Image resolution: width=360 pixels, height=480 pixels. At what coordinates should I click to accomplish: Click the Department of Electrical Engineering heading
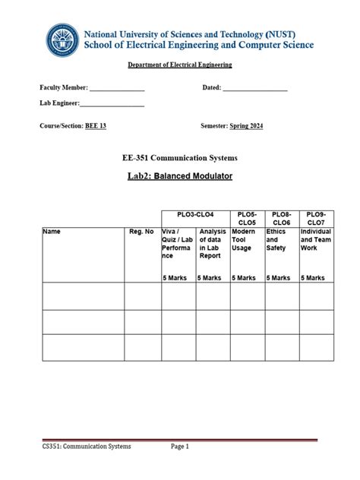click(x=179, y=65)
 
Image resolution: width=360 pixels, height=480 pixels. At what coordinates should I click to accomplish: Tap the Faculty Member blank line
click(x=117, y=90)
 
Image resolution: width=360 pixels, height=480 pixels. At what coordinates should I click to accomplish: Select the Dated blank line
click(x=256, y=90)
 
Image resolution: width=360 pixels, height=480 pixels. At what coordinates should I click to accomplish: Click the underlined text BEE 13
click(x=95, y=126)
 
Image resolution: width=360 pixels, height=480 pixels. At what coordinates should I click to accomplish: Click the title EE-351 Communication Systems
click(x=180, y=158)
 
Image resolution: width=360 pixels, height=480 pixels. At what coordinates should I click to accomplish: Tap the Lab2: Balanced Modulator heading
click(x=179, y=176)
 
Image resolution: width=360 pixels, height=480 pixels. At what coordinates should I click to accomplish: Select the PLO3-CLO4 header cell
click(x=195, y=215)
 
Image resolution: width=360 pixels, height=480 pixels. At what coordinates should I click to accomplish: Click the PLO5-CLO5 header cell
click(x=247, y=219)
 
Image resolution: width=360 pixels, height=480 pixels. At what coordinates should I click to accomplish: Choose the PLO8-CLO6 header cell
click(x=281, y=219)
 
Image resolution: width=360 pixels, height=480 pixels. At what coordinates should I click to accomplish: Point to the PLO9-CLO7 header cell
click(x=315, y=219)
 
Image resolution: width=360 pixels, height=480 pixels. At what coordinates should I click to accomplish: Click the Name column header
click(x=52, y=232)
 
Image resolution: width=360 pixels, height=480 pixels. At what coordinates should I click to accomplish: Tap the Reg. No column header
click(x=141, y=232)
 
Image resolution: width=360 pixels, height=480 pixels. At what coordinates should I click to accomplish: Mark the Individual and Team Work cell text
click(x=315, y=239)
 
